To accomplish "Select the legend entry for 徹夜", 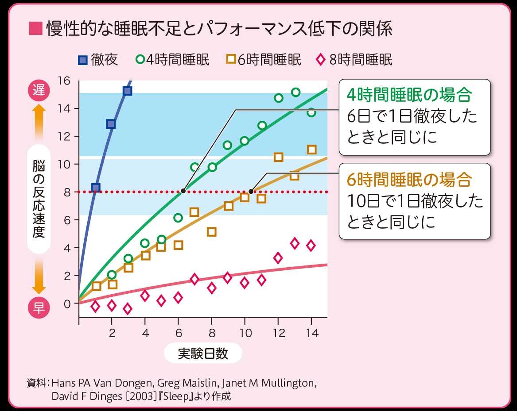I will tap(98, 59).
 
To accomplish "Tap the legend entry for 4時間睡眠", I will tap(173, 59).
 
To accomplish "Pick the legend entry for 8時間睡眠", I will tap(354, 59).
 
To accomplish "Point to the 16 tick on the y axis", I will tap(65, 81).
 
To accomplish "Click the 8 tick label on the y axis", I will tap(67, 192).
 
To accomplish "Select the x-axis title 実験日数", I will tap(203, 353).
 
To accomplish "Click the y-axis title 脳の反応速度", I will tap(39, 199).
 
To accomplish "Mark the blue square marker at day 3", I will tap(128, 91).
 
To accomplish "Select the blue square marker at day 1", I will tap(95, 188).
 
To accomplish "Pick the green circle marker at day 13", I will tap(295, 92).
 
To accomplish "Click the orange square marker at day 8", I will tap(212, 232).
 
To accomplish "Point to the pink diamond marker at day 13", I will tap(295, 243).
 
